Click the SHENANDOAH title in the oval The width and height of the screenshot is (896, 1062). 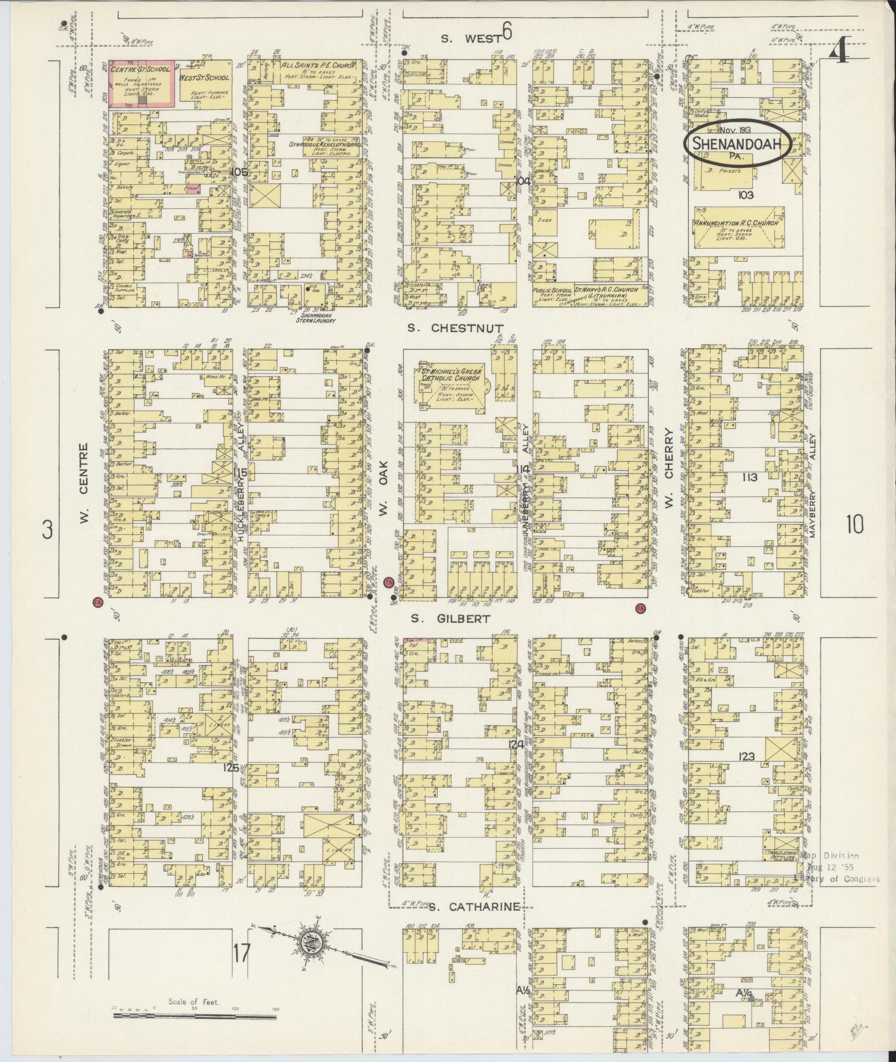pos(737,144)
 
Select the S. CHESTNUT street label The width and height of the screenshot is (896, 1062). pos(455,328)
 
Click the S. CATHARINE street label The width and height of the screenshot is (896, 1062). pos(475,907)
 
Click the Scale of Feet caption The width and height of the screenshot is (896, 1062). pos(194,1002)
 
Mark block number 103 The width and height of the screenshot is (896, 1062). pos(745,195)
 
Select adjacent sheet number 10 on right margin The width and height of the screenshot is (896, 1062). pos(855,524)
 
